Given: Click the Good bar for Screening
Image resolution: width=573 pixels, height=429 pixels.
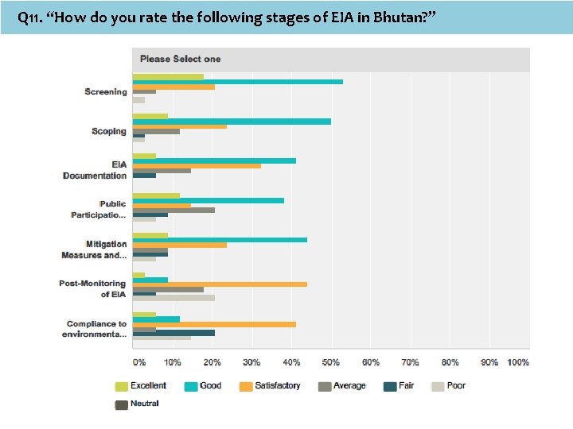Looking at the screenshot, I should pos(237,81).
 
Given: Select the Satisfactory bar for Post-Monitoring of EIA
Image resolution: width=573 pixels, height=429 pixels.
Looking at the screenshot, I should pos(219,284).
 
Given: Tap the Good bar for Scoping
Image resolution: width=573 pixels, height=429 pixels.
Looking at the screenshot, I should pos(231,121).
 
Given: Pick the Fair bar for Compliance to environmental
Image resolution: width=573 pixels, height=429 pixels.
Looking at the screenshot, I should pos(173,333).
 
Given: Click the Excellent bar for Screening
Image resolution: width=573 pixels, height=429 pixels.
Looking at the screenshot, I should pos(167,76).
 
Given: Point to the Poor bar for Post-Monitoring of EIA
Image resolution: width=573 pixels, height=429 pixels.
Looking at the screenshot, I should pos(173,298).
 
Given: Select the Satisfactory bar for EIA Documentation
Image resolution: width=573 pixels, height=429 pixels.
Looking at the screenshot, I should pos(196,165).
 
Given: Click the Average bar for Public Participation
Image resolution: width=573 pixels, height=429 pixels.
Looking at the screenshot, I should pos(173,211).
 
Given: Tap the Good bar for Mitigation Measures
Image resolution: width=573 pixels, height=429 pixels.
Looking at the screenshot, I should pos(219,240).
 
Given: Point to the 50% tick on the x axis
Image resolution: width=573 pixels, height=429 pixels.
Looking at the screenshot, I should pos(331,362).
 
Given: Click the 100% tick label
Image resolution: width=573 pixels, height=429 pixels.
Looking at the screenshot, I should pos(518,362).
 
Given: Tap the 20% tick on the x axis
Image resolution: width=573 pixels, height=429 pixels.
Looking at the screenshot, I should pos(212,362).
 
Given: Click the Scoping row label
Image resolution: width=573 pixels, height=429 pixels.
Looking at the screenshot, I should pos(109,131).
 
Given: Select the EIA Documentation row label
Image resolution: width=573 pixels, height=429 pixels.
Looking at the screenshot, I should pos(95,170).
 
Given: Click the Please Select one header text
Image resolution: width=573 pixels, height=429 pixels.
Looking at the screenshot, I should pos(180,59).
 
